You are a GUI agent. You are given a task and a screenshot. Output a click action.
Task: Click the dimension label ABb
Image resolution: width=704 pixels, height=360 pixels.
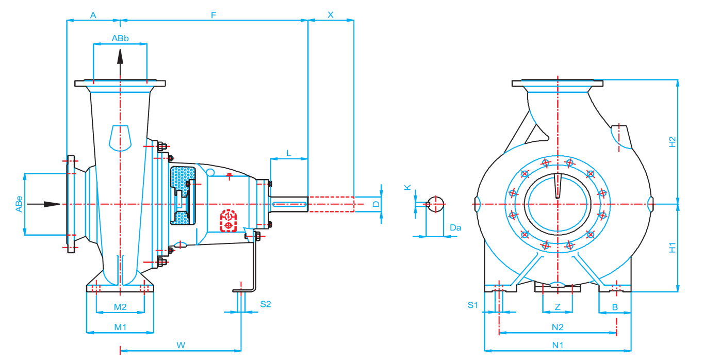tap(120, 38)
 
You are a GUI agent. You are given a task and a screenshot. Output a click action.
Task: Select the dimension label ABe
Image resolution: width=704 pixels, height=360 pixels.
tap(19, 204)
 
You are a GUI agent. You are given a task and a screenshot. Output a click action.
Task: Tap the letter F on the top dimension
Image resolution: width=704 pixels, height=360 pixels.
tap(214, 15)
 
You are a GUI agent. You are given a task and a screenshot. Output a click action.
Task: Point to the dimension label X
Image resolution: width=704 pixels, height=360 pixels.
tap(331, 15)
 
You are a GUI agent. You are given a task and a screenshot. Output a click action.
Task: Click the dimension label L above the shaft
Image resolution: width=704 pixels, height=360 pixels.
tap(289, 153)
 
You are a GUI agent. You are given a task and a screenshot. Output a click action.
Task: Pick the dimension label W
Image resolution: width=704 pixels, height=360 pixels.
tap(181, 344)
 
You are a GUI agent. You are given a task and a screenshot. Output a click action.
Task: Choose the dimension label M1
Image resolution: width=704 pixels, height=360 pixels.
tap(120, 326)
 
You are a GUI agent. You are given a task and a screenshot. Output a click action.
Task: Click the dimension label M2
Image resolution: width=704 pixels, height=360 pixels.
tap(120, 307)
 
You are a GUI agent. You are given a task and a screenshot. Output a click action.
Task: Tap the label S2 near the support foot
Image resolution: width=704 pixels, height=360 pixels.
tap(265, 304)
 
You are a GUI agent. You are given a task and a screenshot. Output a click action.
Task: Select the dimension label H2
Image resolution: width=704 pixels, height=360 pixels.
tap(672, 142)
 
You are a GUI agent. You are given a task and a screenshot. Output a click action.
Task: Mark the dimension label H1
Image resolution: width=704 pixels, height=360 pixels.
tap(672, 248)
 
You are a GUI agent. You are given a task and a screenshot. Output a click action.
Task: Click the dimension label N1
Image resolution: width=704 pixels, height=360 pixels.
tap(558, 344)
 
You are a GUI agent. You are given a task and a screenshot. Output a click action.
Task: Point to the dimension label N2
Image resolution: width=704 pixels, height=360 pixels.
tap(558, 326)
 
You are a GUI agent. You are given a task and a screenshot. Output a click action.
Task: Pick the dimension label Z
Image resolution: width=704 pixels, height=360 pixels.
tap(558, 306)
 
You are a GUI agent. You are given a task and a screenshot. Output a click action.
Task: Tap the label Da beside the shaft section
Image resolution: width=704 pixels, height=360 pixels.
tap(455, 227)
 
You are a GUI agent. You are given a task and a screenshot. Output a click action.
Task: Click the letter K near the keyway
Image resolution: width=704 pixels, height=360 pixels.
tap(407, 188)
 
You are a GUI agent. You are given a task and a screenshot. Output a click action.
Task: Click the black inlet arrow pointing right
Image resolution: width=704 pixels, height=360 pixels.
tap(44, 204)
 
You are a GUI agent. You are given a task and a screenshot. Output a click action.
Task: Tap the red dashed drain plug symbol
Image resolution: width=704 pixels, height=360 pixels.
tap(227, 220)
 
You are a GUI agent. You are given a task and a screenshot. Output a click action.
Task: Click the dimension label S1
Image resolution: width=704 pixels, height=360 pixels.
tap(473, 305)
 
